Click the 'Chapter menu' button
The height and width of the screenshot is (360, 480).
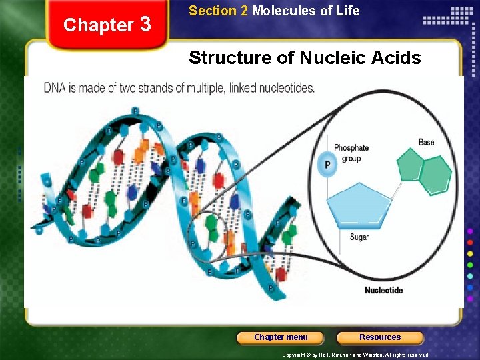(281, 337)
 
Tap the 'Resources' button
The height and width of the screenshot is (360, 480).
(380, 337)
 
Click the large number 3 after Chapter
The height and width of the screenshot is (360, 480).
(146, 24)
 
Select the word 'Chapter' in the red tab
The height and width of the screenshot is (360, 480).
(98, 25)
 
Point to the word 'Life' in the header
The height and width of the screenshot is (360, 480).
(348, 11)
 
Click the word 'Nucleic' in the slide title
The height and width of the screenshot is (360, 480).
(329, 58)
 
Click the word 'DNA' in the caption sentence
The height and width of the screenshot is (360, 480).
(55, 87)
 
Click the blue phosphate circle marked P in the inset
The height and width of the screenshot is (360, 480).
(327, 165)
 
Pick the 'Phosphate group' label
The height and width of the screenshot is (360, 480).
(351, 153)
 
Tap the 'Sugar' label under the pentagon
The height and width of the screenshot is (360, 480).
(359, 237)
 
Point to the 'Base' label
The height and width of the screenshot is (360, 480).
(426, 142)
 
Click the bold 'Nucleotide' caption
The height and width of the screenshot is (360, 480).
(383, 290)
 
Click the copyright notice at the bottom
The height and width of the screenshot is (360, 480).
(355, 355)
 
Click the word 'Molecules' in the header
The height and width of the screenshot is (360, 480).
(281, 11)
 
